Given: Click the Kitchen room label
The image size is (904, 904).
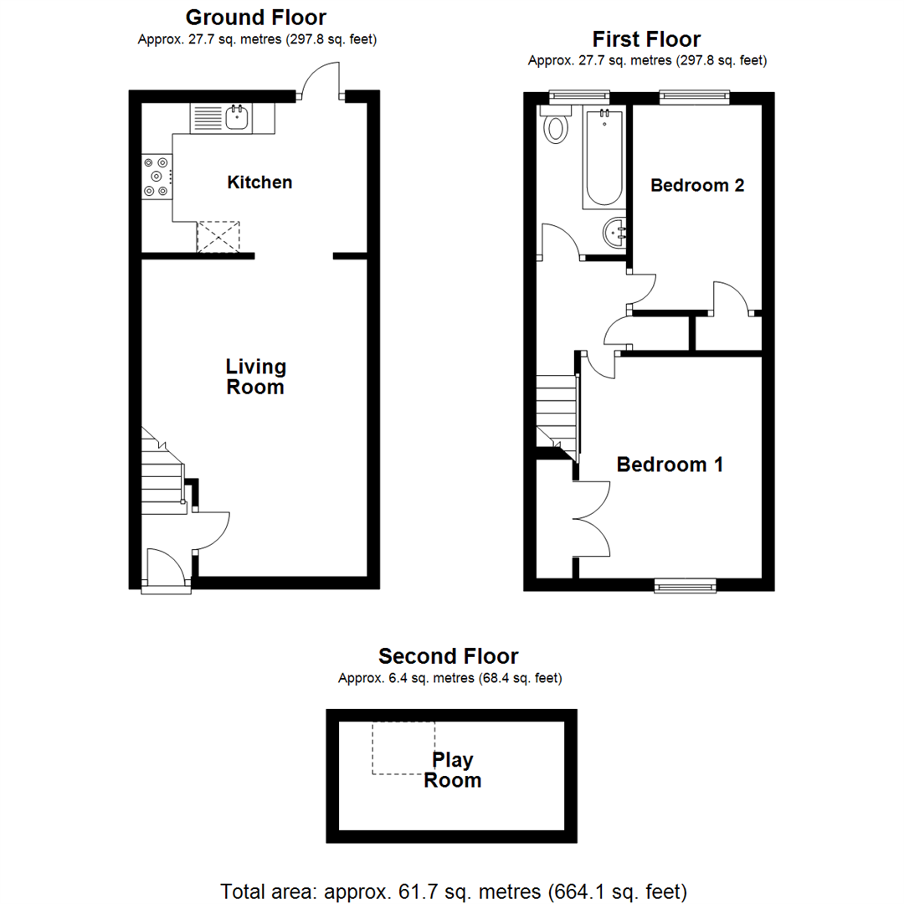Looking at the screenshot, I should [259, 182].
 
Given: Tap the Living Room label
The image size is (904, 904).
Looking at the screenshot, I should [256, 377].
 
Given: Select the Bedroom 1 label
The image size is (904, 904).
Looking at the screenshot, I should [670, 465].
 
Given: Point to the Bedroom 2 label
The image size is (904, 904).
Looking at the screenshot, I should [697, 186].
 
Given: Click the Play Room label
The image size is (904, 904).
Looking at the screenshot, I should [453, 770].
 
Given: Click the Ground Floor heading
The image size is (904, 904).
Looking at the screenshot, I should [256, 17].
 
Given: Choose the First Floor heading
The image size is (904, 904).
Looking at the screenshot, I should [646, 39].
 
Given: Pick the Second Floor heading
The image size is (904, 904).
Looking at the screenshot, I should [448, 655].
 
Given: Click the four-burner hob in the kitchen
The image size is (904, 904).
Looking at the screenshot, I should [157, 177].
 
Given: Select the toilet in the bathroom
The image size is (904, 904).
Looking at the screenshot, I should [555, 126].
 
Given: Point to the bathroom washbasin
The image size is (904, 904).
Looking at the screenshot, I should [615, 232].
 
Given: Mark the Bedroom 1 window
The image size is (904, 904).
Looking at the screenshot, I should [685, 586].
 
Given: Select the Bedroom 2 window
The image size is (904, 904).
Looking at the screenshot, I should [694, 97].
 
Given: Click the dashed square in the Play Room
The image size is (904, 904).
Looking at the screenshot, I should [403, 747].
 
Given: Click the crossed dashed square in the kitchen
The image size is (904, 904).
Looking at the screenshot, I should [218, 237].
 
